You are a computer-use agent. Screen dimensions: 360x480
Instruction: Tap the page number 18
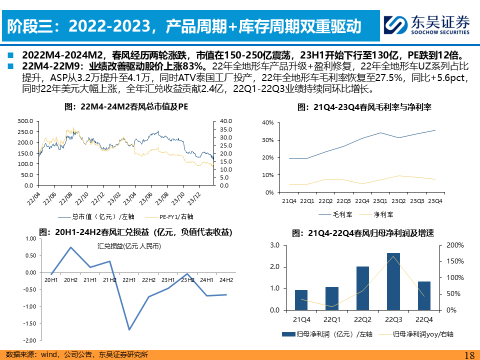tap(469, 355)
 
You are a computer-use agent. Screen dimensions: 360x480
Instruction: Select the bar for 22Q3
tap(393, 281)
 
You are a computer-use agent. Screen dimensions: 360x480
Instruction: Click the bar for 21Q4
tap(301, 300)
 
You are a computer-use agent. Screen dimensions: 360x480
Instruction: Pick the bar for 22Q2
tap(362, 288)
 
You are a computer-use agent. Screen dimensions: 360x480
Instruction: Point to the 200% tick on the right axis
tap(452, 245)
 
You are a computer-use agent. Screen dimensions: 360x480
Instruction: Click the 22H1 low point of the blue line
tap(129, 329)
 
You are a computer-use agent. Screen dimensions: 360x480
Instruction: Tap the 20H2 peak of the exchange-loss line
tap(70, 247)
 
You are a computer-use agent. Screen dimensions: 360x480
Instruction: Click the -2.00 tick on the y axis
tap(29, 340)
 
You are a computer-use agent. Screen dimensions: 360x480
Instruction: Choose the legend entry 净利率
tap(383, 214)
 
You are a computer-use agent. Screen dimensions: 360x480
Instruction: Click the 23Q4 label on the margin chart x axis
tap(434, 201)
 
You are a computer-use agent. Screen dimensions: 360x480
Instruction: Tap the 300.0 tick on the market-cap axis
tap(25, 121)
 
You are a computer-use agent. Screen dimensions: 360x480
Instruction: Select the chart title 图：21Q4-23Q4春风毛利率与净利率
tap(364, 107)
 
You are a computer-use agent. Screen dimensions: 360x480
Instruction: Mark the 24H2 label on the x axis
tap(226, 279)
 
